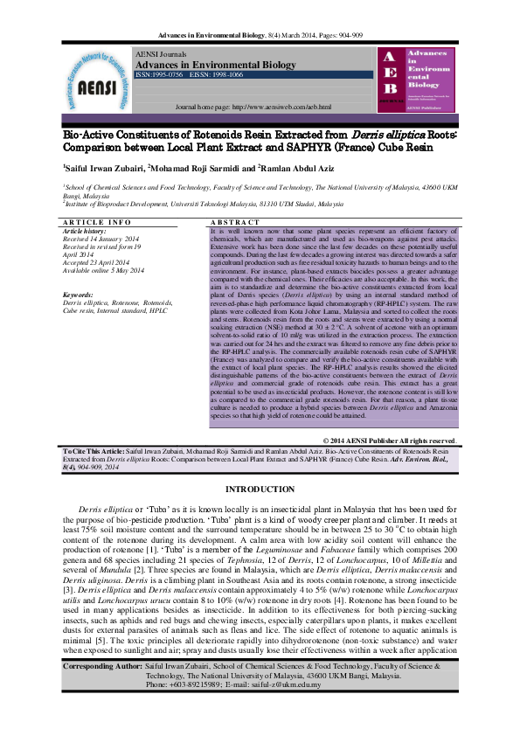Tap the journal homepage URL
point(253,107)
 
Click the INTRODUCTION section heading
point(260,489)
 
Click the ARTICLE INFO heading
point(97,224)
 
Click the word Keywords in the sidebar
point(79,295)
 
